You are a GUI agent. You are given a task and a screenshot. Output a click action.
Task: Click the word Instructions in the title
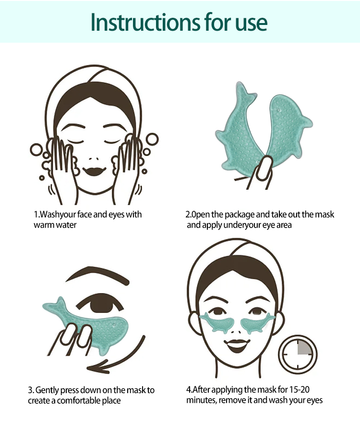coord(145,22)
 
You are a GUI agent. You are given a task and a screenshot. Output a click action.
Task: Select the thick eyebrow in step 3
coord(97,275)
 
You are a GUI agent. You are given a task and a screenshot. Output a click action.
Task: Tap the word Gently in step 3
coord(47,391)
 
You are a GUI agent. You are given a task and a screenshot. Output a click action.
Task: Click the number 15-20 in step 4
coord(300,390)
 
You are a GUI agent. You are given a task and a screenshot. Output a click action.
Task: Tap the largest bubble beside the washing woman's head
coord(152,139)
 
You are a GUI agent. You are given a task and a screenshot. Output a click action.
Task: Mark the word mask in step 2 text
coord(324,215)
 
